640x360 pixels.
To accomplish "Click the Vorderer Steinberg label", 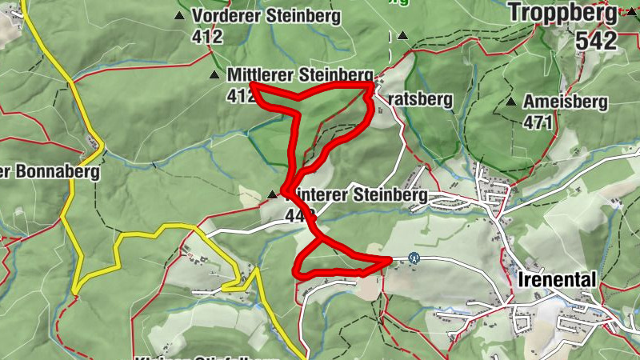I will tap(266, 16).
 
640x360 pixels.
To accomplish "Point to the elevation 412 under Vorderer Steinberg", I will tap(206, 35).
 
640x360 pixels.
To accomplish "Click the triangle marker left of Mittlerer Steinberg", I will tap(214, 75).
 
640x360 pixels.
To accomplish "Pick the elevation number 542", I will tap(596, 42).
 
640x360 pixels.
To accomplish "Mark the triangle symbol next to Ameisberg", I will tap(510, 102).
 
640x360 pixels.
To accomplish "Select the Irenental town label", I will tap(558, 280).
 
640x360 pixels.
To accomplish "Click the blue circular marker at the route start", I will tap(414, 258).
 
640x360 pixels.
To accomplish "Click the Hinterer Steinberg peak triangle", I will tap(273, 194).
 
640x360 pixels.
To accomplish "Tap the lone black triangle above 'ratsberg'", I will tap(402, 36).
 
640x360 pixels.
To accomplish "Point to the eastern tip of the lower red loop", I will tap(389, 259).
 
